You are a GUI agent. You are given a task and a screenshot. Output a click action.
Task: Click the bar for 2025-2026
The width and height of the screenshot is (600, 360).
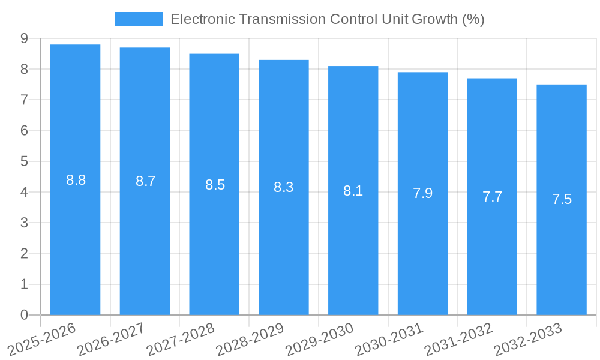point(75,179)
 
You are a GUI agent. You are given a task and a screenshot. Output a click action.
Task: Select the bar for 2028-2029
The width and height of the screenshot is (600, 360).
point(284,187)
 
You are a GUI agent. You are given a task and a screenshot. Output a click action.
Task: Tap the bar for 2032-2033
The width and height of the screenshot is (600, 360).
point(562,199)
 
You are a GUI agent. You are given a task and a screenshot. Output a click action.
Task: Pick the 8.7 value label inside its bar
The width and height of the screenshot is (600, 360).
point(145,181)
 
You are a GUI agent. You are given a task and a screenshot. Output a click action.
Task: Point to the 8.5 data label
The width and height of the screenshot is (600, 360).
point(215,185)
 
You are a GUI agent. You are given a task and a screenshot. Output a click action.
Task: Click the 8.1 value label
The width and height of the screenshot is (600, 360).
point(353,191)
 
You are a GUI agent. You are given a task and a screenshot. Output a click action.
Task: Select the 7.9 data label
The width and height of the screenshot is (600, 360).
point(422,193)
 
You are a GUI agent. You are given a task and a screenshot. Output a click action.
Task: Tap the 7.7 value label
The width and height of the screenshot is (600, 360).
point(492,197)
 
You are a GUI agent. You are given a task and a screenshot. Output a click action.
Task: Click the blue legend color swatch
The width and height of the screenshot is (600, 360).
point(139,19)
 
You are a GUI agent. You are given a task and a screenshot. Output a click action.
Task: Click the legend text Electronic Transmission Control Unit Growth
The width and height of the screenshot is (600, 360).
point(327,19)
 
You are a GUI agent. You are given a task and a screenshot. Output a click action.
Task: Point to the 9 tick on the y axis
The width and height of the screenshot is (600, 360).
point(24,38)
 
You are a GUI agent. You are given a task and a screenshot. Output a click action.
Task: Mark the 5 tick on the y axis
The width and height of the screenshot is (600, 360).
point(24,161)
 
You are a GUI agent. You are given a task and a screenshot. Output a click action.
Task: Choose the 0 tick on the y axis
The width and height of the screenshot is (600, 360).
point(24,315)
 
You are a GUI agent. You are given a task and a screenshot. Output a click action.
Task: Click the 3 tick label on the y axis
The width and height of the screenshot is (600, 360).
point(24,223)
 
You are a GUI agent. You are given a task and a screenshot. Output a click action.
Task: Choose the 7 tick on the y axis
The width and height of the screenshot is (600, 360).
point(24,100)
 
